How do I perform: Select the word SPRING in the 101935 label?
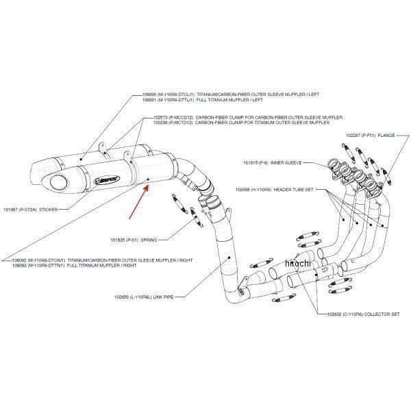[x=149, y=240]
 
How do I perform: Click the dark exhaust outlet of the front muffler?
[x=55, y=184]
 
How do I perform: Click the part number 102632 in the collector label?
[x=327, y=314]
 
